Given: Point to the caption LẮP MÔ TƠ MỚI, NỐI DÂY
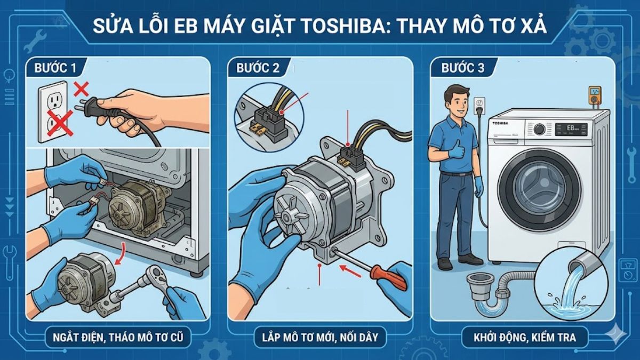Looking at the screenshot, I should tap(320, 337).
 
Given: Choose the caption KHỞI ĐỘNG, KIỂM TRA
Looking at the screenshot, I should tap(524, 337).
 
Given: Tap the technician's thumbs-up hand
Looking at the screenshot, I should tap(456, 150).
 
